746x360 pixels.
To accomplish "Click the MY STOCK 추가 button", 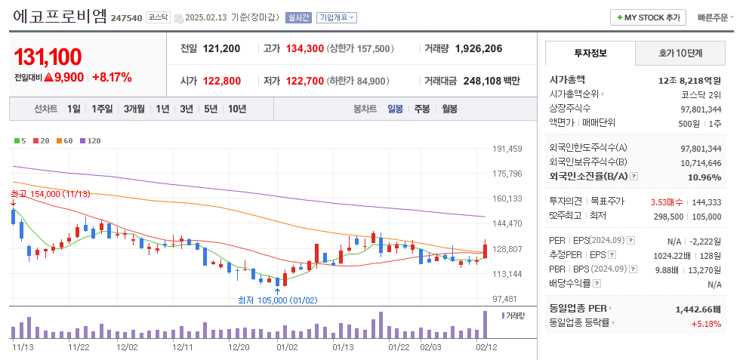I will [648, 17].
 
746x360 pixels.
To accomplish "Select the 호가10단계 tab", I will [680, 54].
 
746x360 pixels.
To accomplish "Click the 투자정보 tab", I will [590, 54].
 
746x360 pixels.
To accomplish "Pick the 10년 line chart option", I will [236, 109].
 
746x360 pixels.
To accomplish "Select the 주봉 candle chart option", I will [421, 109].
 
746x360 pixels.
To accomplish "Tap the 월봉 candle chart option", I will [449, 109].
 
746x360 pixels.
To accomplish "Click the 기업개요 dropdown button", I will [337, 17].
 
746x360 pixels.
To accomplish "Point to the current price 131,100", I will [48, 57].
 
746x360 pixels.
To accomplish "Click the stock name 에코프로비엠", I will [60, 17].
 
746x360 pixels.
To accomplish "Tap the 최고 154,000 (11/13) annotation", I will [51, 194].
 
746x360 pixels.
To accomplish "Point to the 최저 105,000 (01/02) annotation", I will [278, 300].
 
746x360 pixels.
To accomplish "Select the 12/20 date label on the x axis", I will [239, 347].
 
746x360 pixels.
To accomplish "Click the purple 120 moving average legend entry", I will [91, 140].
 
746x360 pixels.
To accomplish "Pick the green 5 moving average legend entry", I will [20, 140].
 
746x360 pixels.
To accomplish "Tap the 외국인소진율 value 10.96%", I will [704, 177].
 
